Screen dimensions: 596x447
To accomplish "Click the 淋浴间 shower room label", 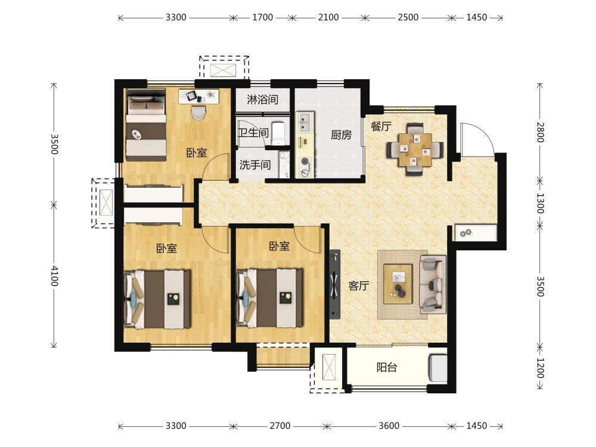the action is click(262, 100).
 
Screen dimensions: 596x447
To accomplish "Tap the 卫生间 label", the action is click(253, 133).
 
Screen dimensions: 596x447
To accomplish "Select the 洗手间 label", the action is click(255, 165).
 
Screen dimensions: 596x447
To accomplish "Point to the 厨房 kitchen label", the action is click(341, 135).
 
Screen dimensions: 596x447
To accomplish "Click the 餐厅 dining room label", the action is click(381, 126).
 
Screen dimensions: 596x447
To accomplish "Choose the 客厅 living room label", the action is click(359, 285).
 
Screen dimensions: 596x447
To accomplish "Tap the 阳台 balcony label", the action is click(387, 367).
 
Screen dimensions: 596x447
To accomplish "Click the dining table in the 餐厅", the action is click(415, 150).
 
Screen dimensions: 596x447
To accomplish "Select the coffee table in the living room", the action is click(398, 284).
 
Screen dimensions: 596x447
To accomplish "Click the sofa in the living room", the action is click(433, 284).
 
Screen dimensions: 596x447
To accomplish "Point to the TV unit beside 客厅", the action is click(334, 284).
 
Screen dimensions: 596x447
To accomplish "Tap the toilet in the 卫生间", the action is click(278, 133).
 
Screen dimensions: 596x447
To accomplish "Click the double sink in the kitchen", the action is click(305, 122).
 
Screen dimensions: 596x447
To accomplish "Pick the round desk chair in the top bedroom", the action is click(198, 112).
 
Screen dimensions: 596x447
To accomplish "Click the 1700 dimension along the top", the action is click(263, 17).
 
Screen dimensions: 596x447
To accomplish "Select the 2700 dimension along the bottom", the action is click(280, 426).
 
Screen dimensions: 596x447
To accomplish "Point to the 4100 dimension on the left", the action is click(54, 276).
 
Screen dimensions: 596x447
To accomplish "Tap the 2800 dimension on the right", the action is click(540, 132).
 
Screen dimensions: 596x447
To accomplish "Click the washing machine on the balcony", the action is click(438, 368).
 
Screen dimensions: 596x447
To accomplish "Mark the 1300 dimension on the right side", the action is click(540, 203).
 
